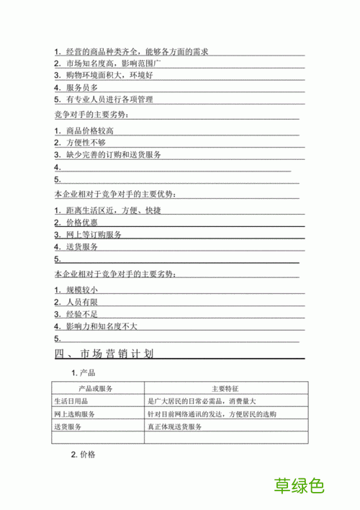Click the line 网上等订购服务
pyautogui.click(x=93, y=235)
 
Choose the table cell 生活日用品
pyautogui.click(x=73, y=401)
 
